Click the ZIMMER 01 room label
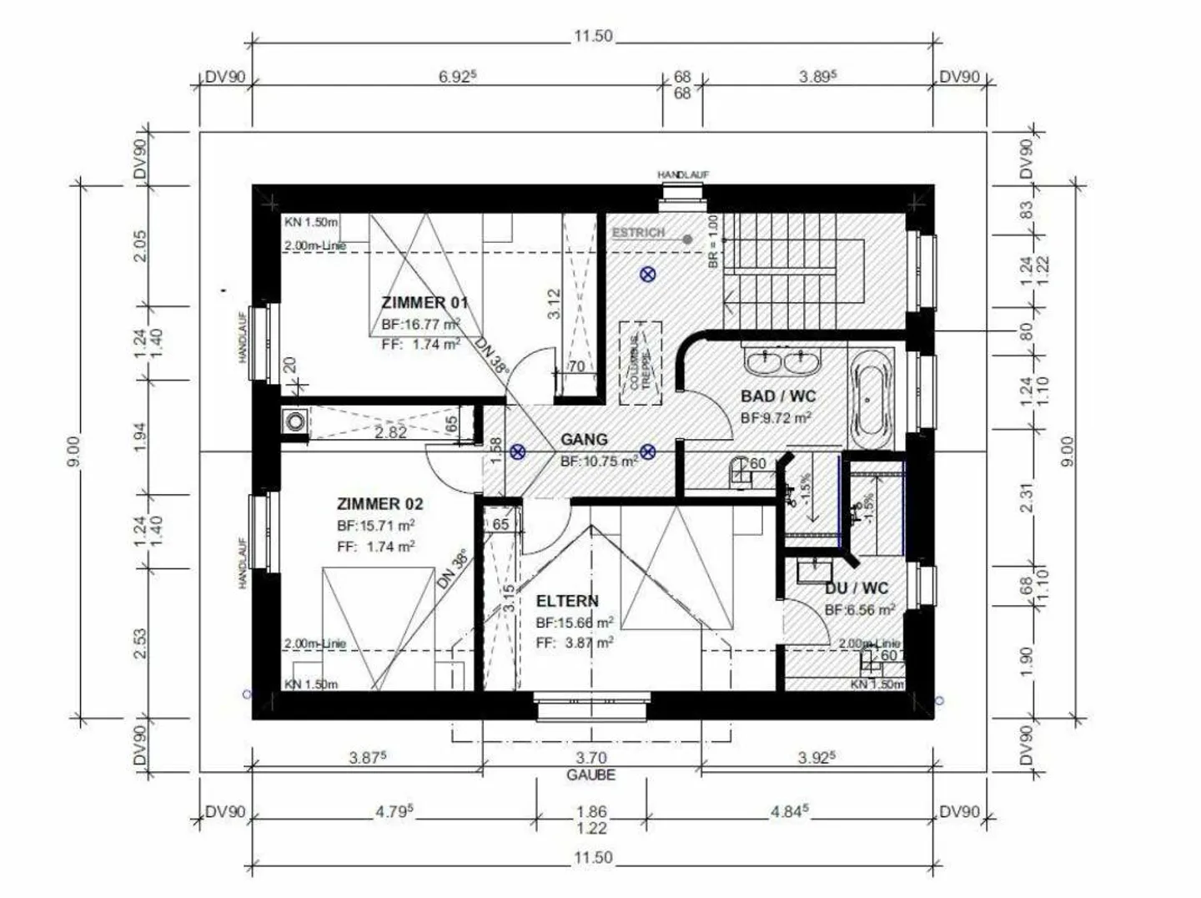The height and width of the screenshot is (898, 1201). click(425, 302)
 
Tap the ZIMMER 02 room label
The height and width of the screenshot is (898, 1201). click(379, 504)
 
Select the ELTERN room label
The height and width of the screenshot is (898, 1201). click(567, 601)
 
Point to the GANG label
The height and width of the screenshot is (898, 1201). click(584, 439)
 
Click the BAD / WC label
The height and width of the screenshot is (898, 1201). click(778, 396)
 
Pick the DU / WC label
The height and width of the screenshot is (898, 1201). click(857, 588)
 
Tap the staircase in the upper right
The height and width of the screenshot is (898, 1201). click(792, 271)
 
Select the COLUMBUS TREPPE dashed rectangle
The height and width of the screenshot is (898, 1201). click(641, 363)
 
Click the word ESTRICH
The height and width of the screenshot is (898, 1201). click(638, 233)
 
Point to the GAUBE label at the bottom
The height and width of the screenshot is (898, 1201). click(590, 775)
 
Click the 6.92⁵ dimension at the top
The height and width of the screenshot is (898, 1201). click(457, 77)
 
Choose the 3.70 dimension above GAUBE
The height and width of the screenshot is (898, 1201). click(590, 758)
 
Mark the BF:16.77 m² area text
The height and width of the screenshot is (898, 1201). click(420, 325)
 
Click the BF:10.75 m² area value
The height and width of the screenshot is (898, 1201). click(599, 461)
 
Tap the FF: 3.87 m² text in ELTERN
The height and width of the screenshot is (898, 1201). click(575, 643)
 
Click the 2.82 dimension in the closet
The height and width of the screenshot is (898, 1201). click(390, 432)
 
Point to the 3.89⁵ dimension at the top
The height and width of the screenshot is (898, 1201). click(817, 77)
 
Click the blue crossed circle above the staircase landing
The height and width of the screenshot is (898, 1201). click(648, 274)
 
